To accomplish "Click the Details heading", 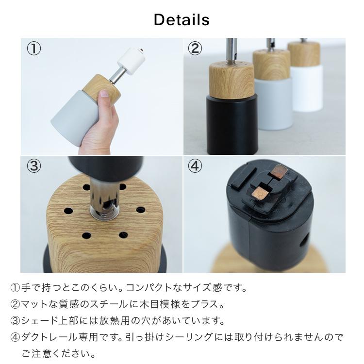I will tap(182, 20).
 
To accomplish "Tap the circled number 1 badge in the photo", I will tap(33, 49).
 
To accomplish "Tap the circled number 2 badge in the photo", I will tap(195, 49).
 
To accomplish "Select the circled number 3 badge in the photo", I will tap(33, 166).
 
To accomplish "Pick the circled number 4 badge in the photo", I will tap(195, 166).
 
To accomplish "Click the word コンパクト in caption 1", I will tap(151, 288).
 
